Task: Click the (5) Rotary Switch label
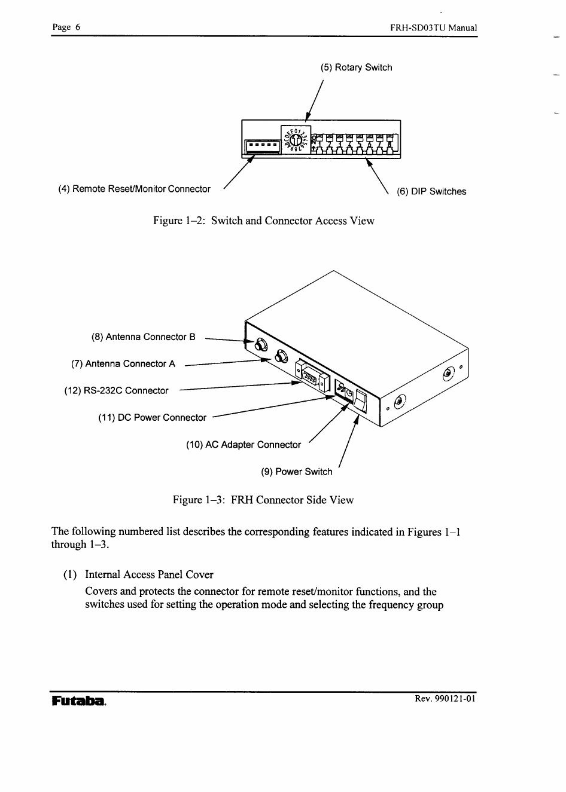[x=356, y=68]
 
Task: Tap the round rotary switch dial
[x=295, y=141]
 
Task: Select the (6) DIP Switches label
[x=431, y=191]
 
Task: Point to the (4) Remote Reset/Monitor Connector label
[x=134, y=189]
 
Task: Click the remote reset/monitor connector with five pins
[x=263, y=145]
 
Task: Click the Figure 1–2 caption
[x=263, y=221]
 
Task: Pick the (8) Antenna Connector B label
[x=143, y=337]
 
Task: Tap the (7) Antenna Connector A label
[x=123, y=364]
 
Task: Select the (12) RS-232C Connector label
[x=116, y=391]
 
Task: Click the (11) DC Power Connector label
[x=152, y=418]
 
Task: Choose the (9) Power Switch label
[x=296, y=472]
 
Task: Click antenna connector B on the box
[x=260, y=344]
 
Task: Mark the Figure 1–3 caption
[x=263, y=500]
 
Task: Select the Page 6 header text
[x=66, y=27]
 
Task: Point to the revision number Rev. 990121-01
[x=445, y=699]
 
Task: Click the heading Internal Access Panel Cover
[x=149, y=574]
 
